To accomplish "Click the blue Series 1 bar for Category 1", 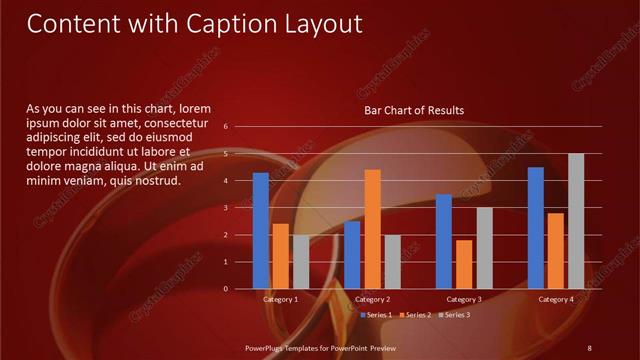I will [x=261, y=230].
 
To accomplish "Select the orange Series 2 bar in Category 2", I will [x=372, y=229].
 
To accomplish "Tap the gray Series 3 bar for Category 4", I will [x=576, y=221].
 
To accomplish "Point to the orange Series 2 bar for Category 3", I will [x=464, y=264].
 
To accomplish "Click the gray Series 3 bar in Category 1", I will [x=301, y=261].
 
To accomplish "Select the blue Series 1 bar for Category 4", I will [x=536, y=227].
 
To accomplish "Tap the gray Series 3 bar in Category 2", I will [x=392, y=261].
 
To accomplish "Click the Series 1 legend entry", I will [x=376, y=315].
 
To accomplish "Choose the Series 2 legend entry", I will [x=417, y=315].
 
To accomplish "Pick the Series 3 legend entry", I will [x=455, y=315].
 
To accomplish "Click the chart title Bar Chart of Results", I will [x=413, y=111].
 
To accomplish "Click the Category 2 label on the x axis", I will [x=372, y=299].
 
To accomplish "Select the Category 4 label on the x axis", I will [x=556, y=299].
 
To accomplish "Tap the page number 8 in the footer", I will [x=589, y=347].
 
